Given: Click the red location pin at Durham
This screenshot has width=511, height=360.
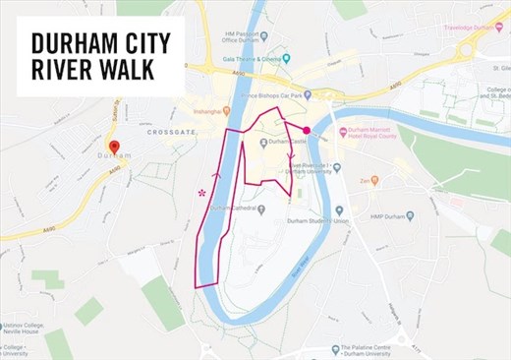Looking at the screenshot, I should [113, 148].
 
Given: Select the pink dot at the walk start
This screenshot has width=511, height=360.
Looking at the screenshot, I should [307, 130].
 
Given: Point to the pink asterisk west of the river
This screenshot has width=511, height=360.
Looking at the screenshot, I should [202, 193].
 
